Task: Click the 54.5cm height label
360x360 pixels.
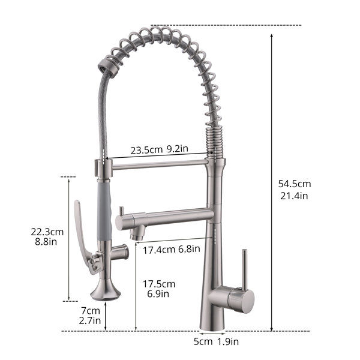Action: click(295, 184)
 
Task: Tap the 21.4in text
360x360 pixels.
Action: click(294, 196)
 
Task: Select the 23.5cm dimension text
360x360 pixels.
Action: click(146, 150)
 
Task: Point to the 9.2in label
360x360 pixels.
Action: click(177, 149)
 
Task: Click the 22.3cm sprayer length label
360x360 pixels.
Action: click(47, 232)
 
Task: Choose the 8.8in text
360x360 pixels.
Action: click(46, 242)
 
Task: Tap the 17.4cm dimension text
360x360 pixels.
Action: click(159, 250)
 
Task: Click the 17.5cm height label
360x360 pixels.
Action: click(159, 284)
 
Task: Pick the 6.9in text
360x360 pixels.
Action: click(158, 294)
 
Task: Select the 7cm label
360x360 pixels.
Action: click(91, 311)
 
